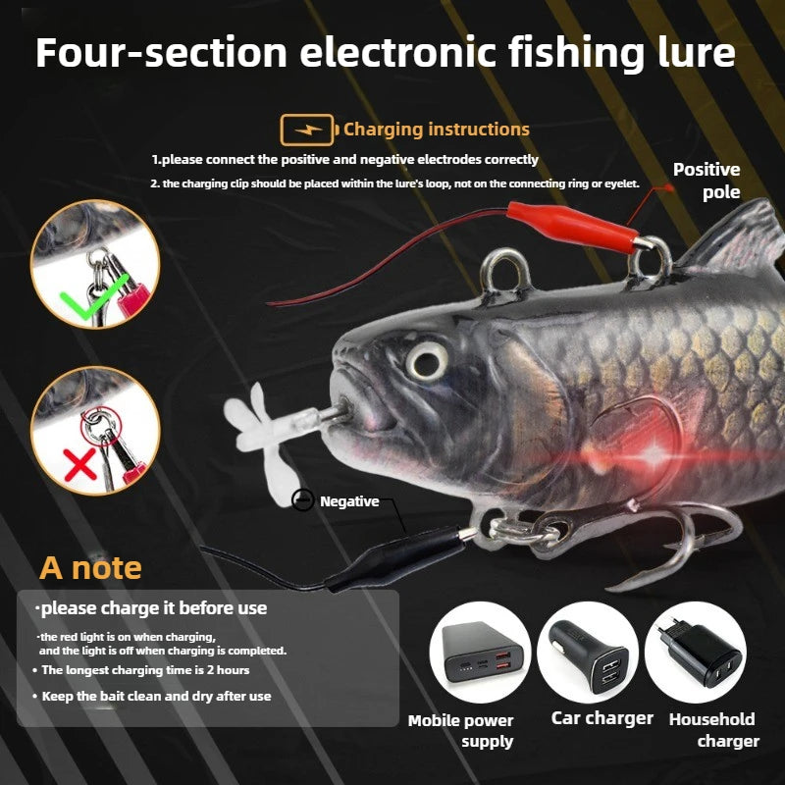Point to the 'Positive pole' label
click(x=706, y=181)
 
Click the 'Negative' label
click(x=348, y=501)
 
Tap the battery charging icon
click(x=306, y=130)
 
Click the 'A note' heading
click(x=90, y=567)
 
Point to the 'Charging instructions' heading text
click(x=436, y=130)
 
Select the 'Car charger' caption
click(x=602, y=718)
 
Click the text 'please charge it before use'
click(x=153, y=608)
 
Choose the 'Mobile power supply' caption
click(x=461, y=731)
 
